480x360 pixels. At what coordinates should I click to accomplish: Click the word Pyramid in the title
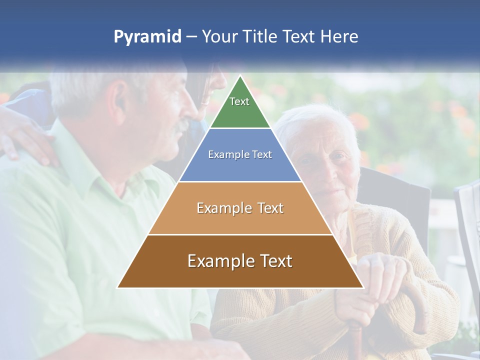pos(147,37)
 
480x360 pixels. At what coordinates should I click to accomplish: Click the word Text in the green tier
pos(239,101)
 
